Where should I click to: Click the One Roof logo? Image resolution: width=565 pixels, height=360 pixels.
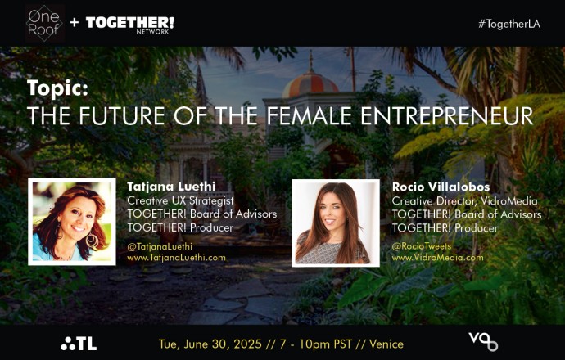click(x=45, y=23)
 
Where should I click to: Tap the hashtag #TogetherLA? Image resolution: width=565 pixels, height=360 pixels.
click(x=509, y=24)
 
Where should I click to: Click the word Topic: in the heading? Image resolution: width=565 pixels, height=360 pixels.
click(x=57, y=88)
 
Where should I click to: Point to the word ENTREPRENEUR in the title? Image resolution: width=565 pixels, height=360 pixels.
click(x=447, y=116)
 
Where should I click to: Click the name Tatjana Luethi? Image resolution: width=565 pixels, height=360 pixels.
click(x=171, y=187)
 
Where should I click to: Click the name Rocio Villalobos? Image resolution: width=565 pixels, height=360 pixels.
click(x=441, y=187)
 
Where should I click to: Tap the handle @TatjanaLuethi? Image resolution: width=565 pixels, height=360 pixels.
click(x=160, y=246)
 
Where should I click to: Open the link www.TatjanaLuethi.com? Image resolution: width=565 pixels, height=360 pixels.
click(x=176, y=258)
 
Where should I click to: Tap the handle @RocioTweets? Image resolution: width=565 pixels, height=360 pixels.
click(x=421, y=246)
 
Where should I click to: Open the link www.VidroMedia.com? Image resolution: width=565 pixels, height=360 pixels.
click(x=437, y=258)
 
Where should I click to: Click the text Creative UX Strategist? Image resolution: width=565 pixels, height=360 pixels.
click(x=180, y=200)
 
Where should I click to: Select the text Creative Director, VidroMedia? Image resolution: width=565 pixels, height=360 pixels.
click(x=464, y=201)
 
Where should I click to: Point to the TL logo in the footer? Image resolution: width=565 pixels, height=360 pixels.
click(x=79, y=344)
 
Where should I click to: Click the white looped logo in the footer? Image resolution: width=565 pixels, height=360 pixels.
click(x=483, y=341)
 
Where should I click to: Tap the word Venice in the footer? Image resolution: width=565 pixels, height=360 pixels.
click(x=386, y=344)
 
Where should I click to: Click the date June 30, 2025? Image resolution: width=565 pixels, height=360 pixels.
click(x=223, y=344)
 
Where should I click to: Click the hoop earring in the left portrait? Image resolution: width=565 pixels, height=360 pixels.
click(x=92, y=240)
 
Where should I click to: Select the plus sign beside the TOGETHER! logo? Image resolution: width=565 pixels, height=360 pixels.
click(x=75, y=23)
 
